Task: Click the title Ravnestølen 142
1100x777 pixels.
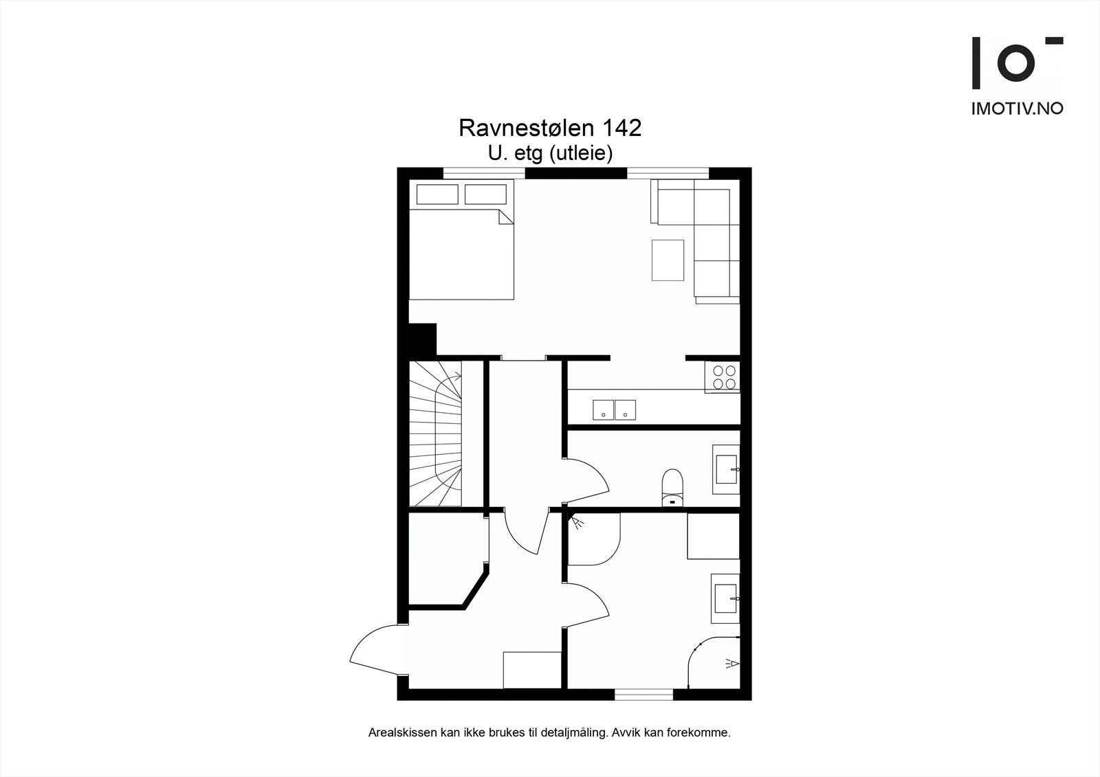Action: (550, 128)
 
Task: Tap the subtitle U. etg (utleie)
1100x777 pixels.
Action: (550, 153)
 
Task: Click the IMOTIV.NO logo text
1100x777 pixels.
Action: (1017, 109)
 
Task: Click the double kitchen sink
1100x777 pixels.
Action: (614, 410)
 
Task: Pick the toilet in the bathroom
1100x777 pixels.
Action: (672, 486)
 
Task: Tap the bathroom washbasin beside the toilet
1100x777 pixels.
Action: (726, 470)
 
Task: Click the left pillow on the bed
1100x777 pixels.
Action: (437, 194)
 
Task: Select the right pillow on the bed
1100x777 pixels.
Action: (485, 194)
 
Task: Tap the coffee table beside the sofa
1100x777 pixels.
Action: (668, 260)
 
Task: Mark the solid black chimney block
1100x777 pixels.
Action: (422, 339)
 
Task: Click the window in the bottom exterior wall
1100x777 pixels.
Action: (643, 695)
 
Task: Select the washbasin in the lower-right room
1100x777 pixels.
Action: (725, 598)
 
